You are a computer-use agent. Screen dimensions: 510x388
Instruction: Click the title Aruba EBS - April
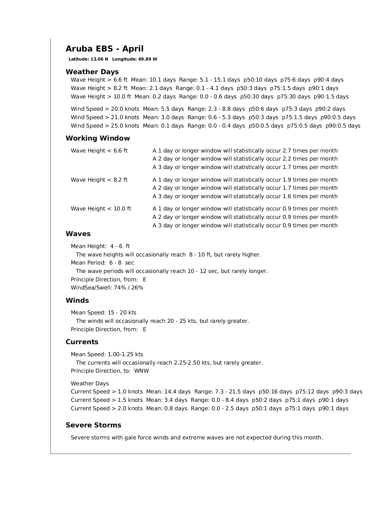click(104, 49)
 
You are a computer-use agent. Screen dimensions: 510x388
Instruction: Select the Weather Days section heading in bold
click(92, 72)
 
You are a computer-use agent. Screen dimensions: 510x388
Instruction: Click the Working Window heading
click(98, 138)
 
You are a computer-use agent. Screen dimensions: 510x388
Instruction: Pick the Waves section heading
click(78, 234)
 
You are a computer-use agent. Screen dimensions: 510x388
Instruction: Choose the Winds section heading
click(77, 300)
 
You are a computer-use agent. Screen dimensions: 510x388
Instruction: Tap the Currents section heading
click(82, 342)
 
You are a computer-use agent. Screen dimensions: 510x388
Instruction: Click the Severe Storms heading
click(93, 425)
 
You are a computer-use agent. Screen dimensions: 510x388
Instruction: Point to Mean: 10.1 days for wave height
click(153, 80)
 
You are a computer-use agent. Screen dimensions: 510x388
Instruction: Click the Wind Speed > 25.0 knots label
click(105, 126)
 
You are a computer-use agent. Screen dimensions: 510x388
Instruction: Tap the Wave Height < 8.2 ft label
click(99, 180)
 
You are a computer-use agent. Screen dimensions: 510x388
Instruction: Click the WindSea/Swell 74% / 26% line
click(107, 288)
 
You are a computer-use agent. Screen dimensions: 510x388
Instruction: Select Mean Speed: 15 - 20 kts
click(103, 312)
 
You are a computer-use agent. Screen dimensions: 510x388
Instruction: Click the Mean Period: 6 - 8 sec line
click(102, 263)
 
